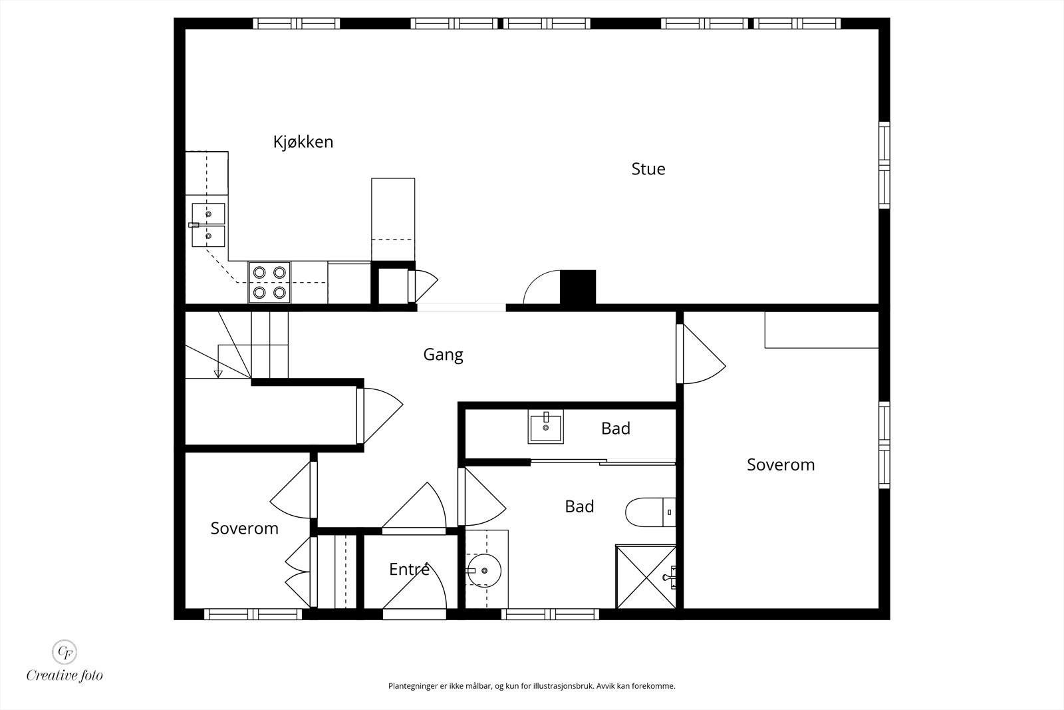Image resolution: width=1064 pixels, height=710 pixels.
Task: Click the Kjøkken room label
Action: click(x=303, y=142)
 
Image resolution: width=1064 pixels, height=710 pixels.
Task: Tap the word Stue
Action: click(x=648, y=169)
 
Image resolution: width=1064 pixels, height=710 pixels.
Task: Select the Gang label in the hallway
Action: click(x=443, y=354)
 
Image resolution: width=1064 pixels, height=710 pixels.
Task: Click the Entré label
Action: click(x=408, y=570)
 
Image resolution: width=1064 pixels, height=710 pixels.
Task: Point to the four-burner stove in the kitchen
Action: click(x=269, y=282)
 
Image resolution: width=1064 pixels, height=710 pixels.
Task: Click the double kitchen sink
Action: click(x=208, y=225)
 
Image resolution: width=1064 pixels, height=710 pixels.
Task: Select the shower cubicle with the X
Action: click(x=645, y=576)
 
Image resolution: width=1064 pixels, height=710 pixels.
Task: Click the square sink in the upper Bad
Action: click(x=545, y=427)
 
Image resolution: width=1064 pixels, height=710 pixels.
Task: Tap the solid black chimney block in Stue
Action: click(x=577, y=287)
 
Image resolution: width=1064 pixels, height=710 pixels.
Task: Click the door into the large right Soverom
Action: click(x=700, y=354)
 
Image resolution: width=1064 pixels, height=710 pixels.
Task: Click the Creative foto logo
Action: click(x=65, y=660)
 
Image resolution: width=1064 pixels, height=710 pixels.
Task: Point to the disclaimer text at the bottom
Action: click(x=531, y=685)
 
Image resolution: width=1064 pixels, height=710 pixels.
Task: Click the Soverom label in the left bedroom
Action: click(x=244, y=528)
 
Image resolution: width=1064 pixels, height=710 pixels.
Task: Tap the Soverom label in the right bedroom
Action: click(x=780, y=464)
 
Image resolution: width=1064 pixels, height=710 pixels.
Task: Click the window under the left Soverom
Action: click(x=253, y=614)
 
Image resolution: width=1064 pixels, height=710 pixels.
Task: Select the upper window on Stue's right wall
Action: click(x=884, y=164)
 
